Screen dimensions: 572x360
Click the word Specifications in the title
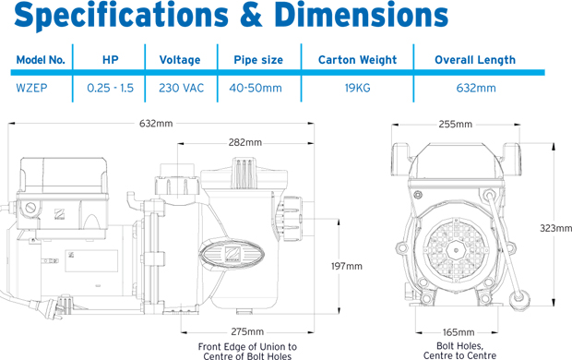pos(121,17)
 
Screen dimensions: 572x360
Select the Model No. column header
pos(41,60)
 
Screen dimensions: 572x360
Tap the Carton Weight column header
pos(357,60)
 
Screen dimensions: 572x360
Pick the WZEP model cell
pos(31,88)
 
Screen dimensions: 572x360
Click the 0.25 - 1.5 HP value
pos(110,88)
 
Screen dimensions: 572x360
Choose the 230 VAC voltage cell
pos(181,88)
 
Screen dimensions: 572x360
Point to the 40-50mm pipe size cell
pos(256,88)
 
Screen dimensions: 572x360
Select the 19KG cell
pos(358,88)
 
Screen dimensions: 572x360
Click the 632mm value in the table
pos(476,88)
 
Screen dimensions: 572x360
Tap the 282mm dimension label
pos(245,142)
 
